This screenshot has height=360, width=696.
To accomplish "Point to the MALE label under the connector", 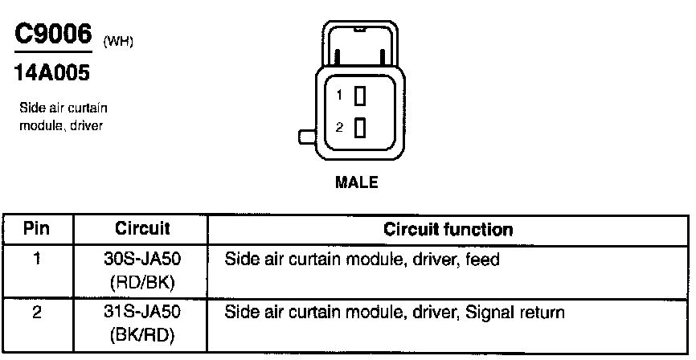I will pos(356,182).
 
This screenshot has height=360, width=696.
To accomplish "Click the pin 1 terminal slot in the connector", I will pos(360,96).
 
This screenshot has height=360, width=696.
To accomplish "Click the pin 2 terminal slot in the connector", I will pos(360,127).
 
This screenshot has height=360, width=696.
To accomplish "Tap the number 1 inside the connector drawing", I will pos(340,96).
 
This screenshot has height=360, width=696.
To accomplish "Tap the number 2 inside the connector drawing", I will pos(340,127).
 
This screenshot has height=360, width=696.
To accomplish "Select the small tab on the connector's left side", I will pos(306,137).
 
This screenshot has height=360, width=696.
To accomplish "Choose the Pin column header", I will pos(36,229).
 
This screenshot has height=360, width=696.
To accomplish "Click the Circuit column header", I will pos(142,229).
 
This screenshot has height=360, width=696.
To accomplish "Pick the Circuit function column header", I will pos(448,229).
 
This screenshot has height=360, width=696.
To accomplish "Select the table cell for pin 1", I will pos(36,260).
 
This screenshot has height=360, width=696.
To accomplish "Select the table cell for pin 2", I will pos(36,312).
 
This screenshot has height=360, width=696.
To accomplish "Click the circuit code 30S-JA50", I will pos(142,260).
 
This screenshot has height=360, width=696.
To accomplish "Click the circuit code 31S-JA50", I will pos(142,312).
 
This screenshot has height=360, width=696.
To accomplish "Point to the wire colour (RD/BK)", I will pos(142,281).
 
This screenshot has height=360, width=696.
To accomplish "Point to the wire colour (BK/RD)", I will pos(142,333).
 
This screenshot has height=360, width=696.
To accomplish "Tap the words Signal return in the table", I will pos(513,312).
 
